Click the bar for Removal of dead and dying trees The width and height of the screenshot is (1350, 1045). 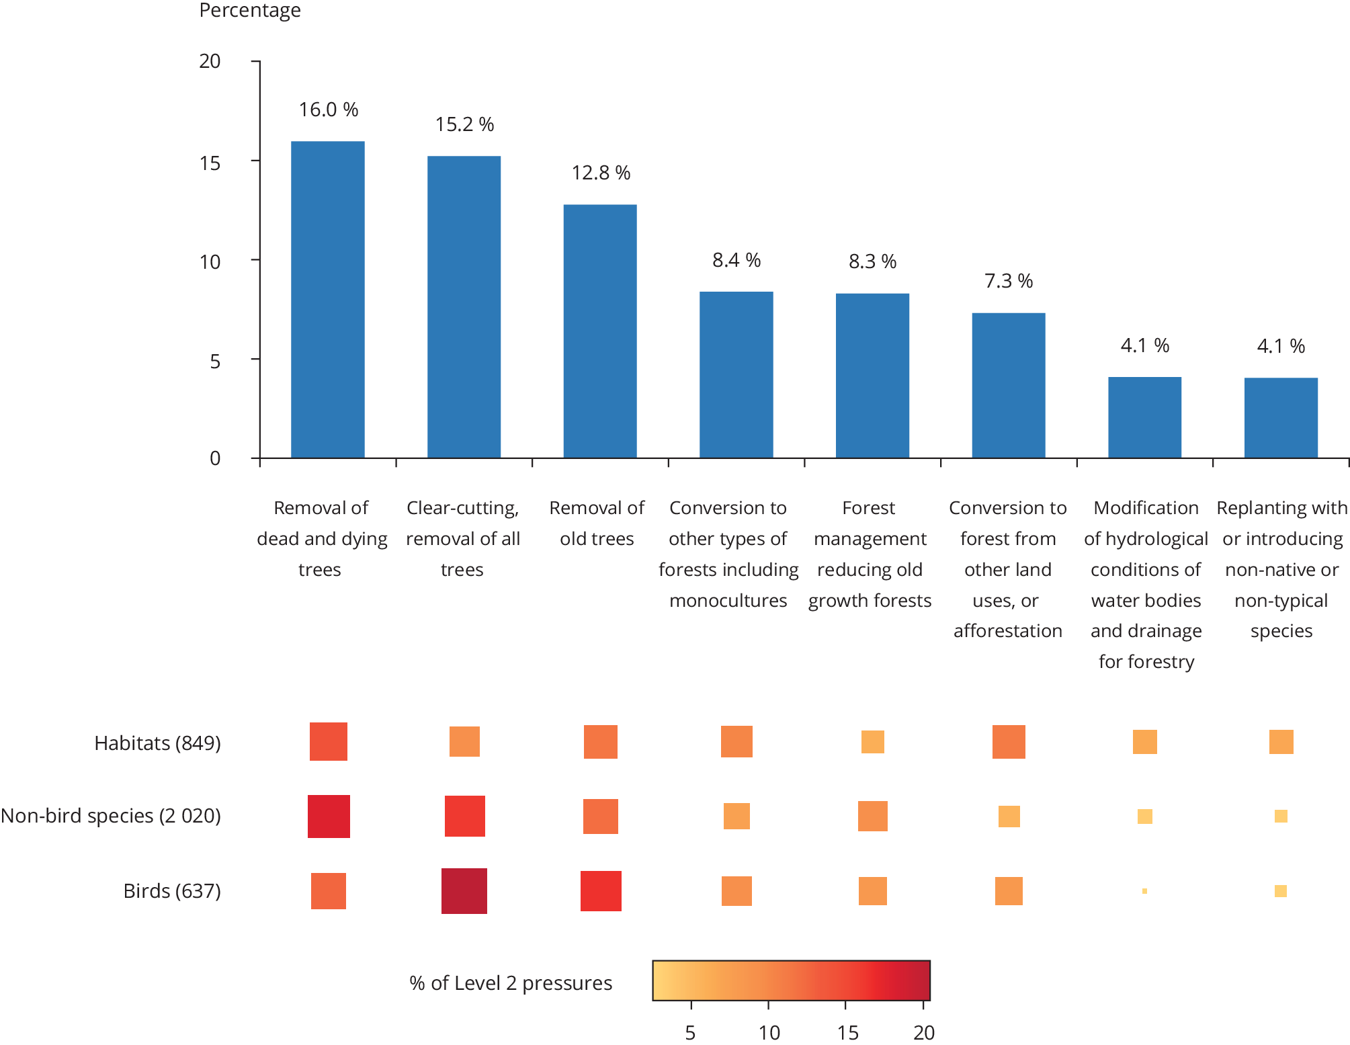pos(328,300)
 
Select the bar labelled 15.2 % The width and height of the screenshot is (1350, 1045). pos(464,307)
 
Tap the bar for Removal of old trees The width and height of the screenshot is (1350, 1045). pos(600,331)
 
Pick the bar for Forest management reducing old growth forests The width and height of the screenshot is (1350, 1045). pos(872,376)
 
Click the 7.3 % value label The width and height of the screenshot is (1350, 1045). pos(1009,281)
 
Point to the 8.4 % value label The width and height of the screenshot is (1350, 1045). pos(736,260)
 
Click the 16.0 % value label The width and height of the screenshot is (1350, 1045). pos(329,110)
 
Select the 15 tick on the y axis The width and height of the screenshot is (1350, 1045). pos(210,162)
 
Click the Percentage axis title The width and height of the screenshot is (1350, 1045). pos(250,11)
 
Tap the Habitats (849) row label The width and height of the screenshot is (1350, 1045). pos(157,743)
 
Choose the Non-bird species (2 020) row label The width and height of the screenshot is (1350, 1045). pos(111,815)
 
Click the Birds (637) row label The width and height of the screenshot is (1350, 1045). pos(172,890)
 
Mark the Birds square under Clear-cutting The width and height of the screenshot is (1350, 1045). pos(464,891)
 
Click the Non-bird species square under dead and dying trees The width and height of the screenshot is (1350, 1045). pos(329,817)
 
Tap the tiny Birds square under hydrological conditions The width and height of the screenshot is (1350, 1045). pos(1144,891)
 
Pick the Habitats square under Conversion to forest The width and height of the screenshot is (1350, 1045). pos(1009,742)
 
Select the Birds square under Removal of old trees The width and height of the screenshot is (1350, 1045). pos(601,891)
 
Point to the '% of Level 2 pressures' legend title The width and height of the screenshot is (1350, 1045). pos(511,983)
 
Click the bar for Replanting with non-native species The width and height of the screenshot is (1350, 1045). pos(1281,418)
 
